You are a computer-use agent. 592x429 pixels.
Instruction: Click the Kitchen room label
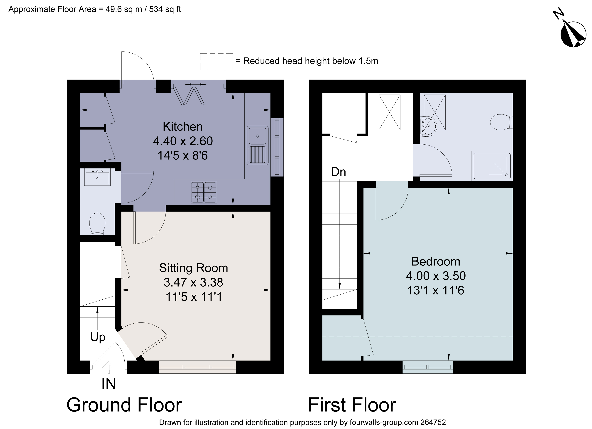183,127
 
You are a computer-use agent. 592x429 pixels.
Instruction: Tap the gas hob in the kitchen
204,193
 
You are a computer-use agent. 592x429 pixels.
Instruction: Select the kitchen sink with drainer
257,145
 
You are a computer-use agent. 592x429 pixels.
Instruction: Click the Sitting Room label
193,268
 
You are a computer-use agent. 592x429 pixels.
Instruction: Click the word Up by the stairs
98,337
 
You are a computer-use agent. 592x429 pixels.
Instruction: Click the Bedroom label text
436,261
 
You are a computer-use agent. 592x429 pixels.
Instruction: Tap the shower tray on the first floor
492,166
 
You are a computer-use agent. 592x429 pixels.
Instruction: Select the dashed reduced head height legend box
216,61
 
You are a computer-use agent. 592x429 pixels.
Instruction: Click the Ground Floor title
124,405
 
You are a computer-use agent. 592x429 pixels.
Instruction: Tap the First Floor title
352,405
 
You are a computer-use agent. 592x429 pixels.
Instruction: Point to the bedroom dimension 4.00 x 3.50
436,276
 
